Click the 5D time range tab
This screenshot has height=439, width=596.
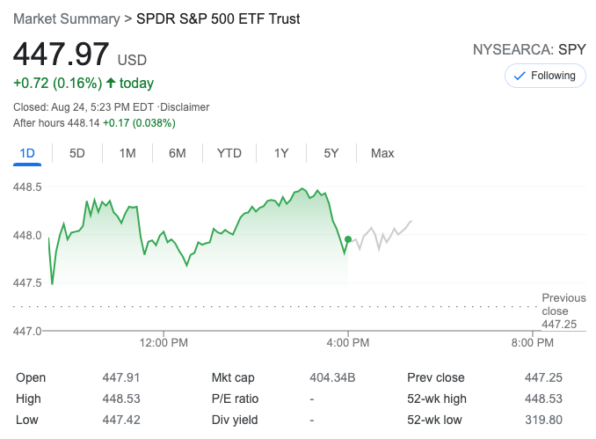(x=77, y=153)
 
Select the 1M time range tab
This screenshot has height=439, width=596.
(x=127, y=153)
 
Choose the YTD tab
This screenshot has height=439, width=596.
(x=229, y=153)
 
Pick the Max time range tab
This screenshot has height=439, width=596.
(x=382, y=153)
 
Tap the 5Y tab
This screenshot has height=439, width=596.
(x=331, y=153)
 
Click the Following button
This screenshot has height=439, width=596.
(x=545, y=76)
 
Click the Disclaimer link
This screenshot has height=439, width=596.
(x=185, y=107)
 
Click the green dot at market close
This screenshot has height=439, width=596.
(x=348, y=239)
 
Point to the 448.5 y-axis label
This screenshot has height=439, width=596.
(x=28, y=187)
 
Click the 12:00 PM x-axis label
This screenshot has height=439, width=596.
(x=165, y=342)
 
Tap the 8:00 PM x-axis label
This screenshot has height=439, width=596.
(x=532, y=342)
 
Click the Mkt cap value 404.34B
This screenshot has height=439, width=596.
(x=332, y=377)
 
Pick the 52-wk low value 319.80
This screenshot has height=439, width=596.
(x=543, y=420)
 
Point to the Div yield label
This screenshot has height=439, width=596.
(x=234, y=420)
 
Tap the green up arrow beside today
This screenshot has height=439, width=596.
(x=111, y=84)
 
